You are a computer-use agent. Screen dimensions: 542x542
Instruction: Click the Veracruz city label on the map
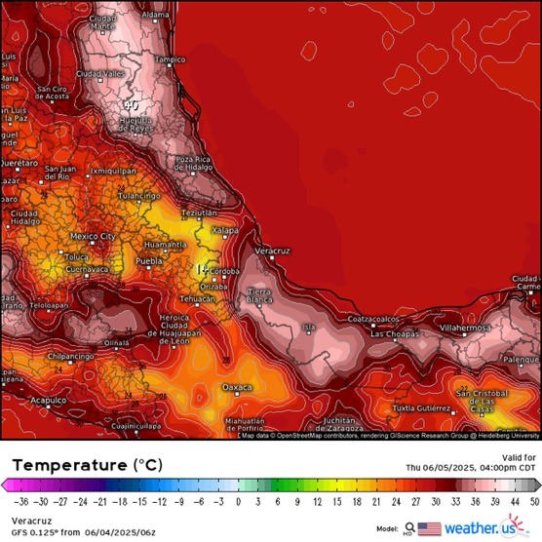coord(273,251)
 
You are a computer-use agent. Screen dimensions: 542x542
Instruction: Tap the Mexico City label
coord(93,236)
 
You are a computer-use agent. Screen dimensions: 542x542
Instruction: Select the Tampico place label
coord(170,59)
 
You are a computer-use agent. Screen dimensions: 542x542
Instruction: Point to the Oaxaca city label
coord(237,387)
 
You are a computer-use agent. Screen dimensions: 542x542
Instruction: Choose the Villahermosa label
coord(467,329)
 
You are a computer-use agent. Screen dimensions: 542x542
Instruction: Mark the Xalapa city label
coord(225,230)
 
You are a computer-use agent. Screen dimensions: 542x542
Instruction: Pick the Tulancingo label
coord(138,195)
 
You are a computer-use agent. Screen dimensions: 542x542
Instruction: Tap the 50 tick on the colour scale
coord(533,501)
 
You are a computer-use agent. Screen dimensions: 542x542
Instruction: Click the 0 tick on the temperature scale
coord(238,501)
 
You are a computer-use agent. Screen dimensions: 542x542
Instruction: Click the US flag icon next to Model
coord(429,528)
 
